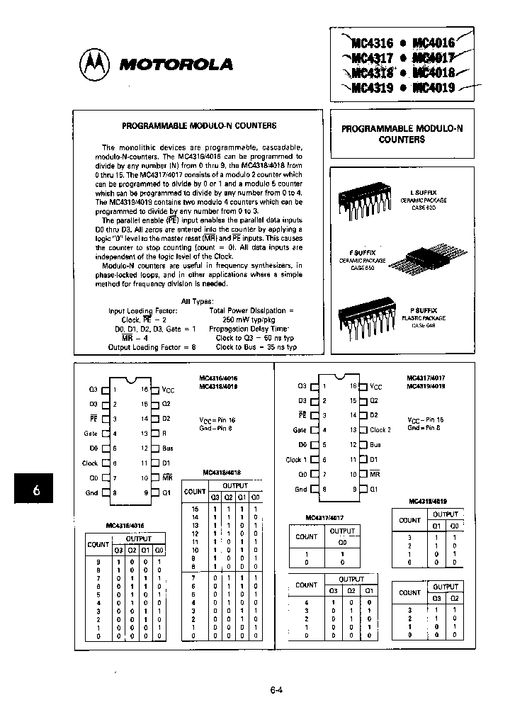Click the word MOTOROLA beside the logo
[x=176, y=64]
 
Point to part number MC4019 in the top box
[x=433, y=89]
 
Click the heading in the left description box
[x=199, y=125]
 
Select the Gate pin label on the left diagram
[x=90, y=433]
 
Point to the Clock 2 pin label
[x=380, y=430]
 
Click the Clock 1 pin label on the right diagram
[x=294, y=460]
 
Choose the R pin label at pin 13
[x=164, y=433]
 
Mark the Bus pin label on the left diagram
[x=167, y=448]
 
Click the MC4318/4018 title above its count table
[x=221, y=472]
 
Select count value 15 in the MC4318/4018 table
[x=195, y=509]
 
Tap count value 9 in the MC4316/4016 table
[x=98, y=562]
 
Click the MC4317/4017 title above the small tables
[x=327, y=517]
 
